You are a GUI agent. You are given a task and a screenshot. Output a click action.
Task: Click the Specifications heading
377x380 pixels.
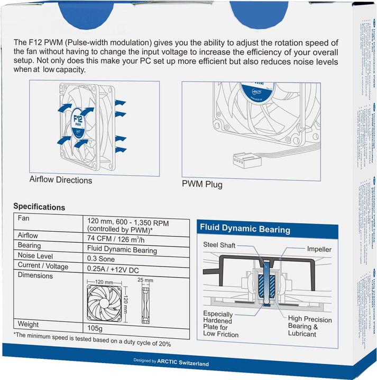[x=39, y=207]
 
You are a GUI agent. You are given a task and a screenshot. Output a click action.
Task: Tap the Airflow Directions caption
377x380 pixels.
[x=61, y=180]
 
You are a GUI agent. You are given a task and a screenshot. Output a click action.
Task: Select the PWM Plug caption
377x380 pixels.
[x=202, y=185]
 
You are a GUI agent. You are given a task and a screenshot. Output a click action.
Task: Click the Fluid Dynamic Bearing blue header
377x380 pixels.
[x=245, y=230]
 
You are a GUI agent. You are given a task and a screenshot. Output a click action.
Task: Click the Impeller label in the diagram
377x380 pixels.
[x=319, y=249]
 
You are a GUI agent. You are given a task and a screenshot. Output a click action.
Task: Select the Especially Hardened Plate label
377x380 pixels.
[x=221, y=324]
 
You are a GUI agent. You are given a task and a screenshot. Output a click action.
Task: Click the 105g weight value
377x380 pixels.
[x=96, y=328]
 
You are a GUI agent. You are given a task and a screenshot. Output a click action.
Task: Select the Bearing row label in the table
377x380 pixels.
[x=30, y=246]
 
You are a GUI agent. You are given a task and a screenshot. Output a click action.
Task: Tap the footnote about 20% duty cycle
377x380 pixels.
[x=93, y=343]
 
